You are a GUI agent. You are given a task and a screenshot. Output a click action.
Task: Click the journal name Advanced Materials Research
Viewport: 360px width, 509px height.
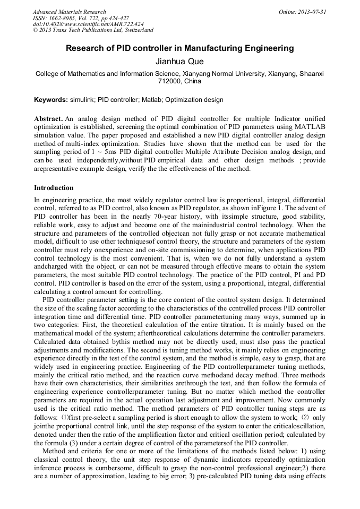pyautogui.click(x=70, y=12)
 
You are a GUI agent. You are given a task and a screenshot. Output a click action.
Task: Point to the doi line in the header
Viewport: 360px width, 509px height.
pyautogui.click(x=88, y=24)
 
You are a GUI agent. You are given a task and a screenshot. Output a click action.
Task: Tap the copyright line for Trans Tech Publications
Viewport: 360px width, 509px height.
pyautogui.click(x=93, y=31)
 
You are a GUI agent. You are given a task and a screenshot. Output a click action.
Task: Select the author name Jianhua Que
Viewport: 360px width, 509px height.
pyautogui.click(x=179, y=62)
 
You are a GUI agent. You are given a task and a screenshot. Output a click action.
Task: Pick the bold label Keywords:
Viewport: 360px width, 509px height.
pyautogui.click(x=51, y=100)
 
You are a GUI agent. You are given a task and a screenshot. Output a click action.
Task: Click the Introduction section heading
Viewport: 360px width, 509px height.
pyautogui.click(x=54, y=188)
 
